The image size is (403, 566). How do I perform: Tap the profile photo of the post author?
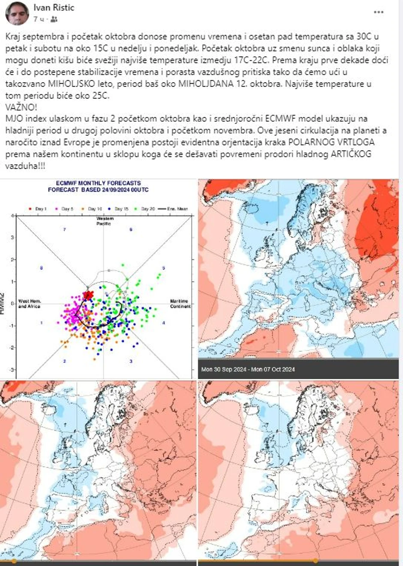(x=16, y=13)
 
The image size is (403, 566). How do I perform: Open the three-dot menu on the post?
(x=378, y=12)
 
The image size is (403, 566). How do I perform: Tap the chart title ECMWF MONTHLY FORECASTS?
(x=99, y=183)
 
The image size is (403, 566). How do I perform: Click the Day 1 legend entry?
(x=38, y=209)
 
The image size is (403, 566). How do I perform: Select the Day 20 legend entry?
(x=145, y=209)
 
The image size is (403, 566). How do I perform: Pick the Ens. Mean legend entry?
(x=173, y=209)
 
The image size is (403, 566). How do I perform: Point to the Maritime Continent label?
(x=180, y=303)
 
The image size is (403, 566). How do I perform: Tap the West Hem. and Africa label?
(x=29, y=304)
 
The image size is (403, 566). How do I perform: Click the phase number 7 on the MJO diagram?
(x=64, y=230)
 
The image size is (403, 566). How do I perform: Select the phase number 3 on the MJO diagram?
(x=131, y=361)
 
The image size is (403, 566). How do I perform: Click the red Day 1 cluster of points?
(x=88, y=295)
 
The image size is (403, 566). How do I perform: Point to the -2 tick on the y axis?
(x=13, y=347)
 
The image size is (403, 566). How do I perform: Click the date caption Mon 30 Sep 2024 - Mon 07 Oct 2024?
(x=248, y=369)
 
